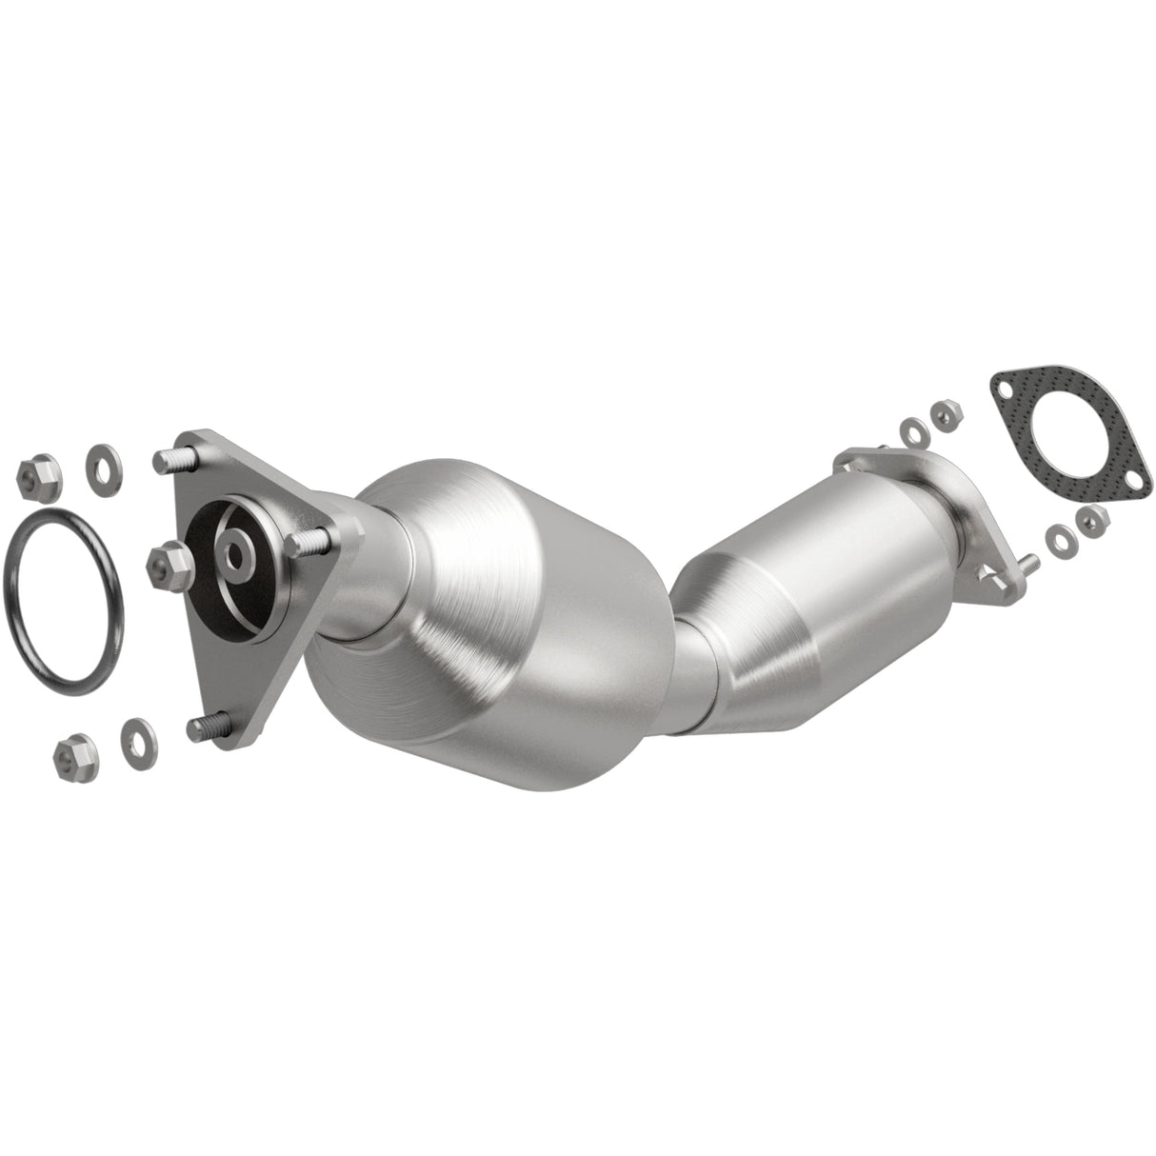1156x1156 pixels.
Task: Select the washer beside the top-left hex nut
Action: click(x=98, y=461)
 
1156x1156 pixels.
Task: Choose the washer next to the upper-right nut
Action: click(x=913, y=429)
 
